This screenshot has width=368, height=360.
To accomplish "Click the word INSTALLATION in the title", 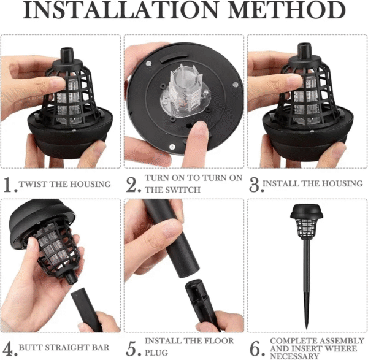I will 117,12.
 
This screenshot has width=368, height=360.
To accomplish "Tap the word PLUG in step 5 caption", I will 155,353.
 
